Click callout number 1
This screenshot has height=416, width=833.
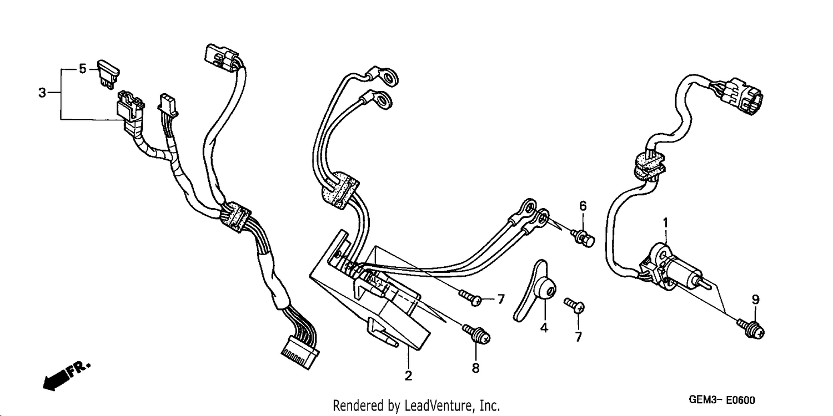[666, 223]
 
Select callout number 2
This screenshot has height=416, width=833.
[408, 376]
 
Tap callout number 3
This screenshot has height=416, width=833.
[42, 93]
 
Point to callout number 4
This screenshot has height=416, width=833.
[544, 328]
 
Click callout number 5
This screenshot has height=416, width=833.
[83, 69]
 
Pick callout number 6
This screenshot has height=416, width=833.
[583, 206]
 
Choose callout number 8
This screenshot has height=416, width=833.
[475, 368]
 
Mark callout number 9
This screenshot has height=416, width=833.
[756, 300]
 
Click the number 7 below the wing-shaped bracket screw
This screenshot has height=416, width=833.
[578, 337]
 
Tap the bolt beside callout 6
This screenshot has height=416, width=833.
[583, 238]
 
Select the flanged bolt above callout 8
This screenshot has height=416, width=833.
[476, 334]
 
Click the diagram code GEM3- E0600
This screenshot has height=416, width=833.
[722, 400]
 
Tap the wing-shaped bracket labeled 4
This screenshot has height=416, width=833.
[535, 291]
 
